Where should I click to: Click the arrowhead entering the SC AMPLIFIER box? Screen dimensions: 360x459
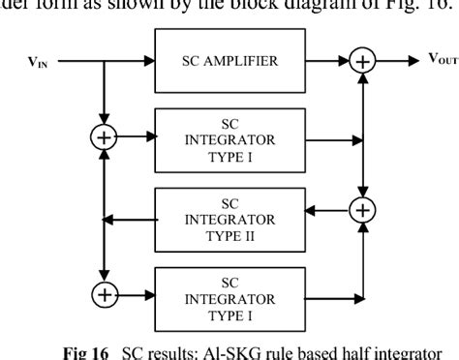148,62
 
